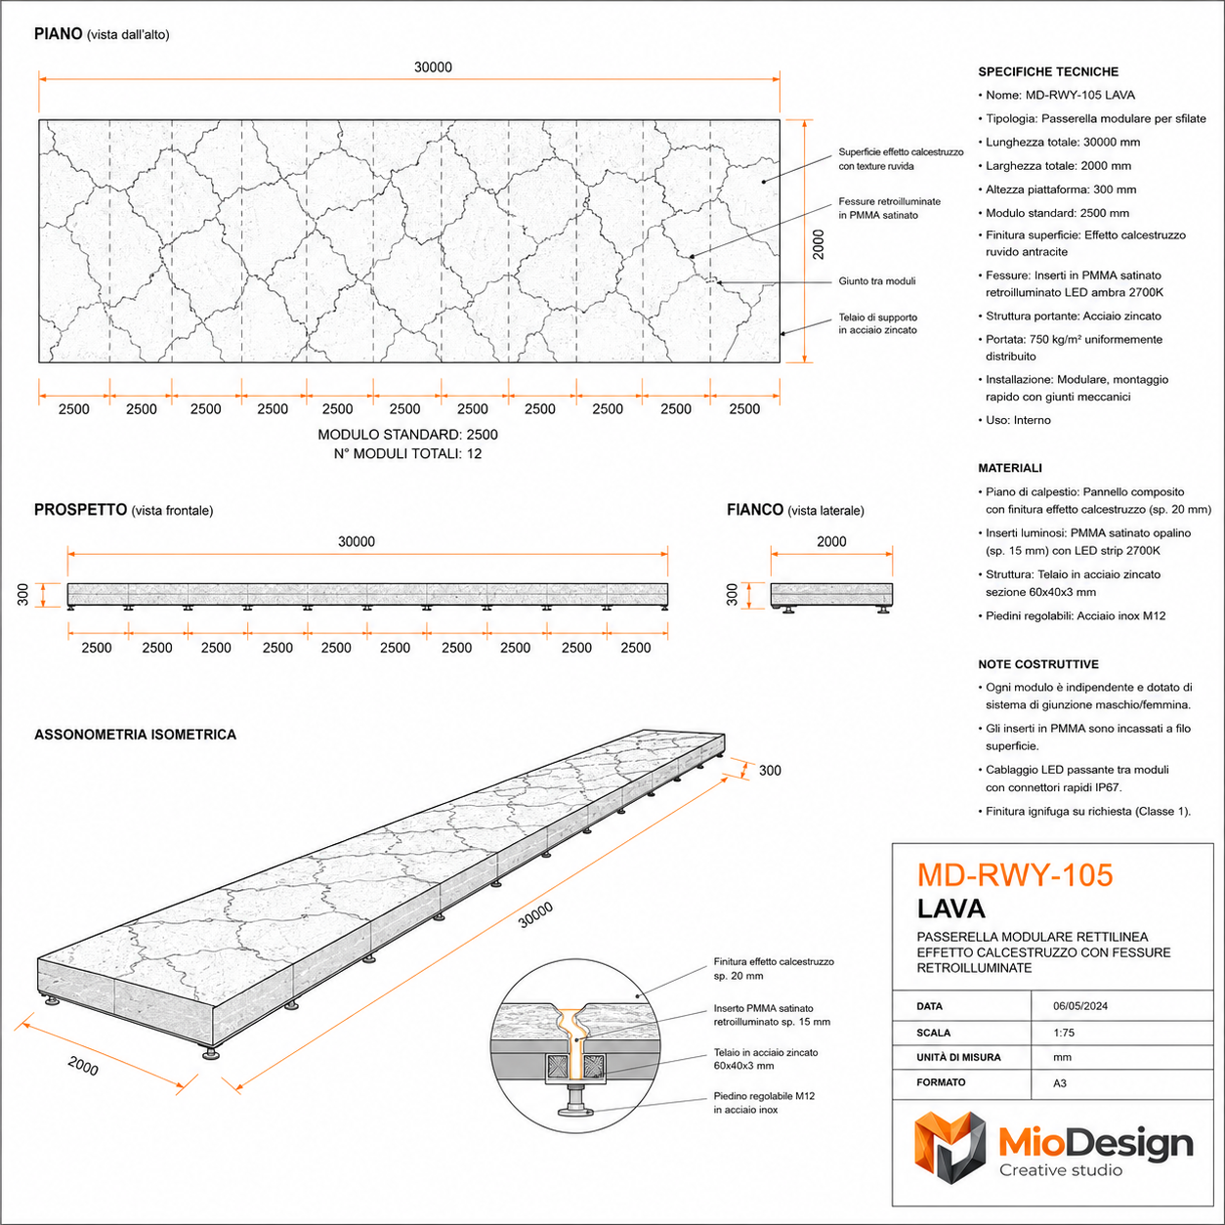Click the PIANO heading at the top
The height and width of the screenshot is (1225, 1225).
coord(58,33)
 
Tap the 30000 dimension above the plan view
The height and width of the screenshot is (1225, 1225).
coord(433,67)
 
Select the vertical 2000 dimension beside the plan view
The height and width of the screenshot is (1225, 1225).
coord(819,244)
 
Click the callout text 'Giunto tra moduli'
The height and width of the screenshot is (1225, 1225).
coord(876,281)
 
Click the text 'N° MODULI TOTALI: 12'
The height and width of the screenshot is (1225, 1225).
coord(407,454)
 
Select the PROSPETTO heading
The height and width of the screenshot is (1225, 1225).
coord(81,510)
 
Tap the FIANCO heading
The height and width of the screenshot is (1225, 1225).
coord(755,510)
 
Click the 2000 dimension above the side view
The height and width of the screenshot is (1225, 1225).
coord(831,541)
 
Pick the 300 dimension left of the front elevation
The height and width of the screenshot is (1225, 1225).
coord(22,595)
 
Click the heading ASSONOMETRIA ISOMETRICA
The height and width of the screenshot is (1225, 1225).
coord(136,735)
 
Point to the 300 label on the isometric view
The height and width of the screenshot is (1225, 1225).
coord(770,771)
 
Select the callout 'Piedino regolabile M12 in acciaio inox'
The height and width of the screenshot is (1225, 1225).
coord(764,1103)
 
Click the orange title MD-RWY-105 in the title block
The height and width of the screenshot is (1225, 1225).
coord(1015,874)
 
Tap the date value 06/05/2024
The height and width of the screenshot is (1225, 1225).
coord(1080,1005)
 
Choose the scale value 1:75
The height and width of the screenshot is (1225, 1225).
coord(1064,1033)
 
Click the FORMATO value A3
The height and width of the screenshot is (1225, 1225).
coord(1060,1083)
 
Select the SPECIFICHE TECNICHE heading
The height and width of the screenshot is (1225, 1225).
coord(1048,72)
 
